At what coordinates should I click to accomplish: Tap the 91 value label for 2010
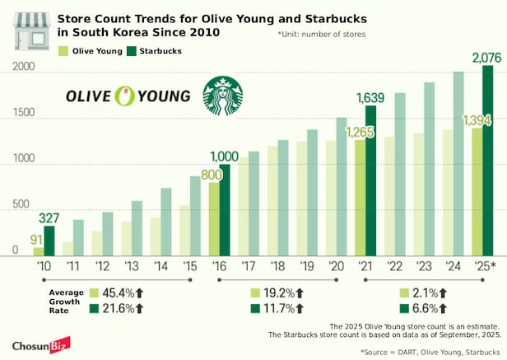coord(37,241)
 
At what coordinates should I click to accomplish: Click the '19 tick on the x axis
coord(310,266)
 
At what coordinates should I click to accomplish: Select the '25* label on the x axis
coord(486,266)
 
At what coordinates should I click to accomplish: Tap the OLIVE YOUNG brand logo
coord(130,96)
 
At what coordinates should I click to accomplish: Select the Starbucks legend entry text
coord(159,51)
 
